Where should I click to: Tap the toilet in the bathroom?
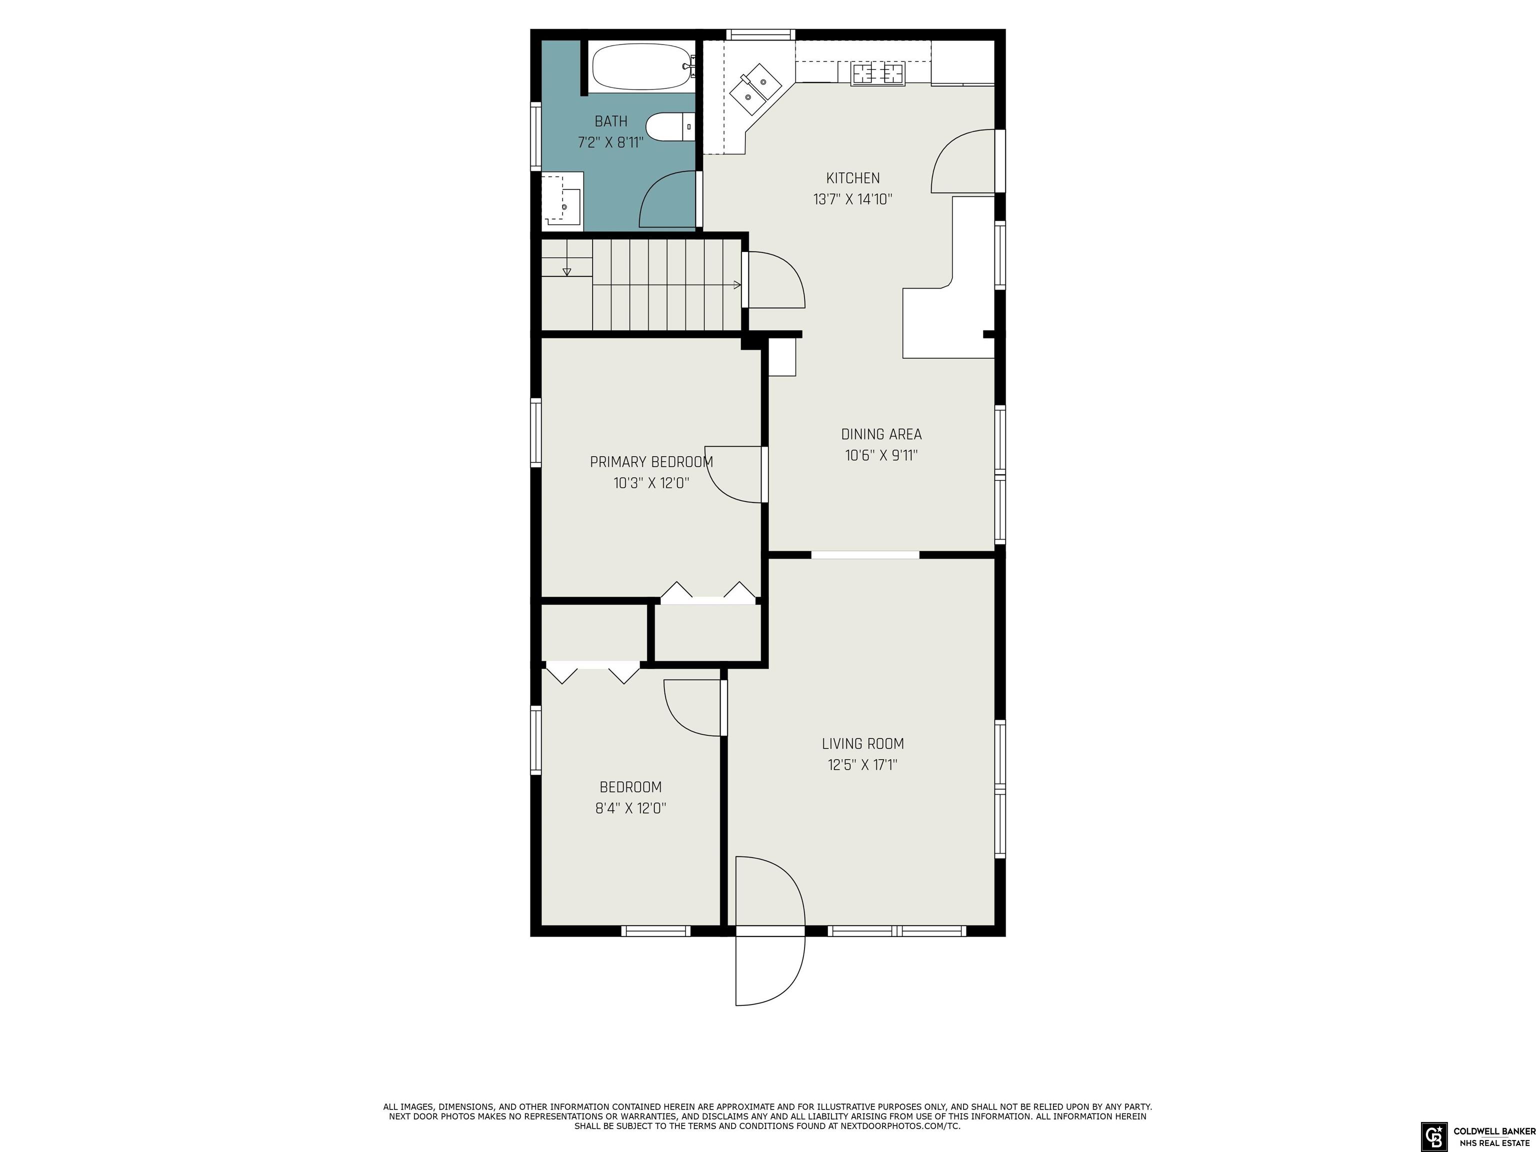point(670,127)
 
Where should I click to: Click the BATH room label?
point(611,121)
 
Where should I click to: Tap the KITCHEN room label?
point(852,178)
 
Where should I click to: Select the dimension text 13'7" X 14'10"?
point(852,200)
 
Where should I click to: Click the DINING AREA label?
point(881,434)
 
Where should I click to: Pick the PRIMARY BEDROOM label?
point(651,462)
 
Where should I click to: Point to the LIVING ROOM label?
point(863,743)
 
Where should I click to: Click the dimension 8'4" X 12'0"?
point(631,808)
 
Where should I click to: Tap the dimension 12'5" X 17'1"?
point(863,765)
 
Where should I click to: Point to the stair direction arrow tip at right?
point(741,284)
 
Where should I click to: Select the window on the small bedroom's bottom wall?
point(655,930)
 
